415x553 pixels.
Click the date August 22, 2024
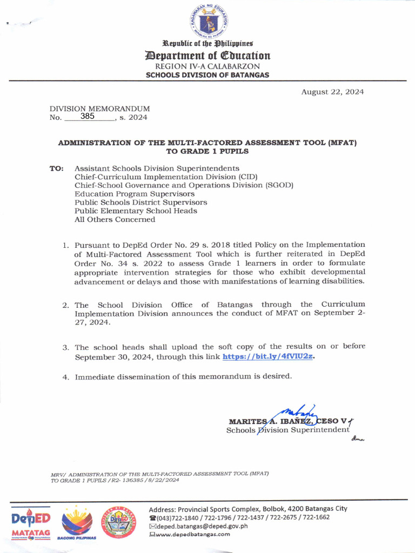332,92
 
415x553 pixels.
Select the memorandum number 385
88,116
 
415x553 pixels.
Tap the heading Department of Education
207,56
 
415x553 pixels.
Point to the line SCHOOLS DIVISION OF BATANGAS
207,75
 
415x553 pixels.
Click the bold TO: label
57,168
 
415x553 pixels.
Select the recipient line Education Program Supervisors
135,194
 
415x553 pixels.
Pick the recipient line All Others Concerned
115,219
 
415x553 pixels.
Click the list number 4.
65,377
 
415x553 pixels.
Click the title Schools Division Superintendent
287,430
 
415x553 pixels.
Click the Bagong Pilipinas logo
77,523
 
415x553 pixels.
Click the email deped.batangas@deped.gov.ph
202,525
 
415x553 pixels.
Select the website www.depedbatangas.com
193,534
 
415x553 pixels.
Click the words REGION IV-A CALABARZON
207,66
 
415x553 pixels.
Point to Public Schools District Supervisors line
140,203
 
